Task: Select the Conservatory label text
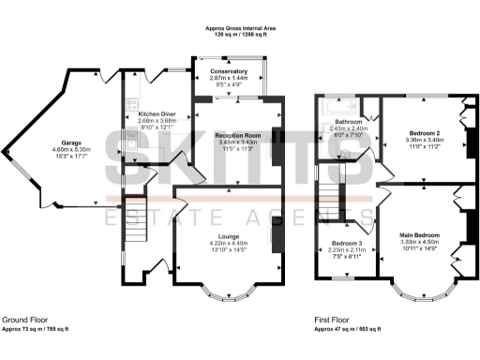pyautogui.click(x=229, y=71)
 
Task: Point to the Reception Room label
pyautogui.click(x=230, y=135)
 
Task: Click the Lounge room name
pyautogui.click(x=229, y=236)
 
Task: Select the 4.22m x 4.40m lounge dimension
pyautogui.click(x=229, y=244)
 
